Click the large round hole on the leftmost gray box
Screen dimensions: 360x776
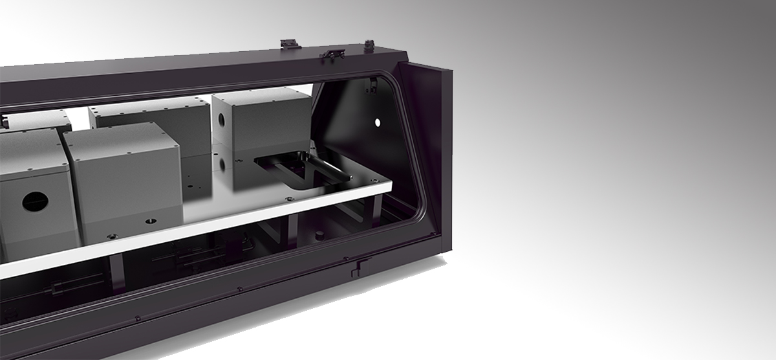[x=32, y=202]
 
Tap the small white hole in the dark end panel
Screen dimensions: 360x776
[x=378, y=122]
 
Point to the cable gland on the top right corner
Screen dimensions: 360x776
[x=370, y=45]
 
